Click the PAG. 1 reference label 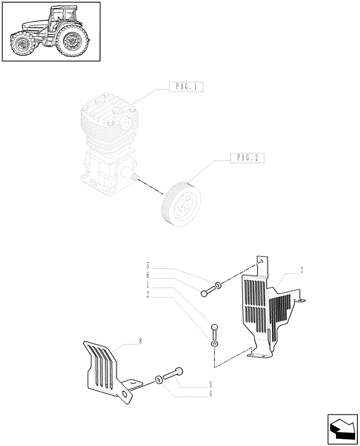[186, 87]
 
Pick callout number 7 [302, 270]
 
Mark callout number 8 [140, 341]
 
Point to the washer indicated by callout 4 [159, 380]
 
